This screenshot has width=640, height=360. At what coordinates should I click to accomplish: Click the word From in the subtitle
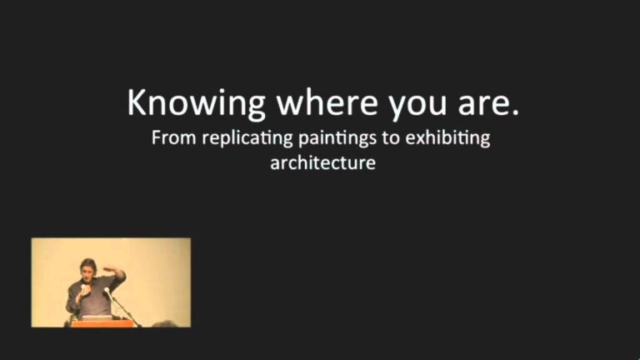click(x=170, y=137)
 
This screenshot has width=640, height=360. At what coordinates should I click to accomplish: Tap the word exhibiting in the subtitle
click(x=447, y=138)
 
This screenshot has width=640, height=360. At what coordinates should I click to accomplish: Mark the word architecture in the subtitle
click(x=322, y=162)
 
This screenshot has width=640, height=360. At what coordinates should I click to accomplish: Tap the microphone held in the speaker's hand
click(x=82, y=291)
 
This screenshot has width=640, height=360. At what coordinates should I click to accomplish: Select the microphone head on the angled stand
click(x=107, y=291)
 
